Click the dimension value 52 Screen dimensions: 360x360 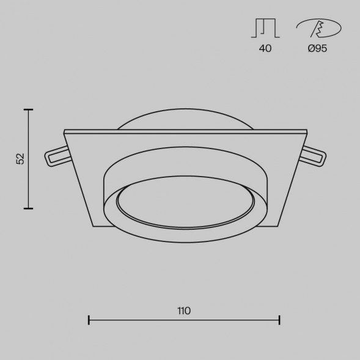(20, 158)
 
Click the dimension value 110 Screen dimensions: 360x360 (183, 310)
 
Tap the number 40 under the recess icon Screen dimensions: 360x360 (265, 48)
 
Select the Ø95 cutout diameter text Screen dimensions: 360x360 (317, 48)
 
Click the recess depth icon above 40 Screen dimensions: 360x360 (265, 29)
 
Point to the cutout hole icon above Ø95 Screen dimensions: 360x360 (317, 28)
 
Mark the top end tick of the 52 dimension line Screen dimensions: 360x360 (28, 109)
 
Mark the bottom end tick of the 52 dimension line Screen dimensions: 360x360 (28, 208)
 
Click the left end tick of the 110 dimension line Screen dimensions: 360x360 (89, 319)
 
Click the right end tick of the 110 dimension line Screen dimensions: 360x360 (279, 319)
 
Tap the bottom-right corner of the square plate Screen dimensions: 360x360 (276, 226)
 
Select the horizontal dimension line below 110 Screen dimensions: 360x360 (183, 320)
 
